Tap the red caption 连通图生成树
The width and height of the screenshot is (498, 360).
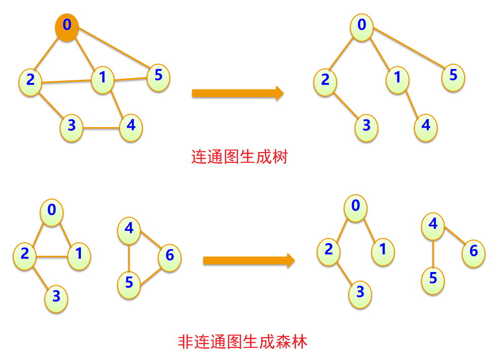coord(239,157)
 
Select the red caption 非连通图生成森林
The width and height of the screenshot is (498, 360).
coord(243,341)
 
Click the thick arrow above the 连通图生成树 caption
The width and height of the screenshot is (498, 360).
coord(237,93)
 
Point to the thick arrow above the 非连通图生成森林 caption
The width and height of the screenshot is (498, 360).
coord(249,261)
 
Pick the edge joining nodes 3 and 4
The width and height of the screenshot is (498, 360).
coord(101,127)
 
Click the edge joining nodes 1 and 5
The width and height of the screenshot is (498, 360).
coord(130,79)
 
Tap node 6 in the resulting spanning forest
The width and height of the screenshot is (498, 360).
coord(474,251)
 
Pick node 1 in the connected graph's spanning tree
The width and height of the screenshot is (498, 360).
coord(397,79)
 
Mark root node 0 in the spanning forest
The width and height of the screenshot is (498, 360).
coord(356,206)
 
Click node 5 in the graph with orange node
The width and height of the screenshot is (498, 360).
coord(158,77)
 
